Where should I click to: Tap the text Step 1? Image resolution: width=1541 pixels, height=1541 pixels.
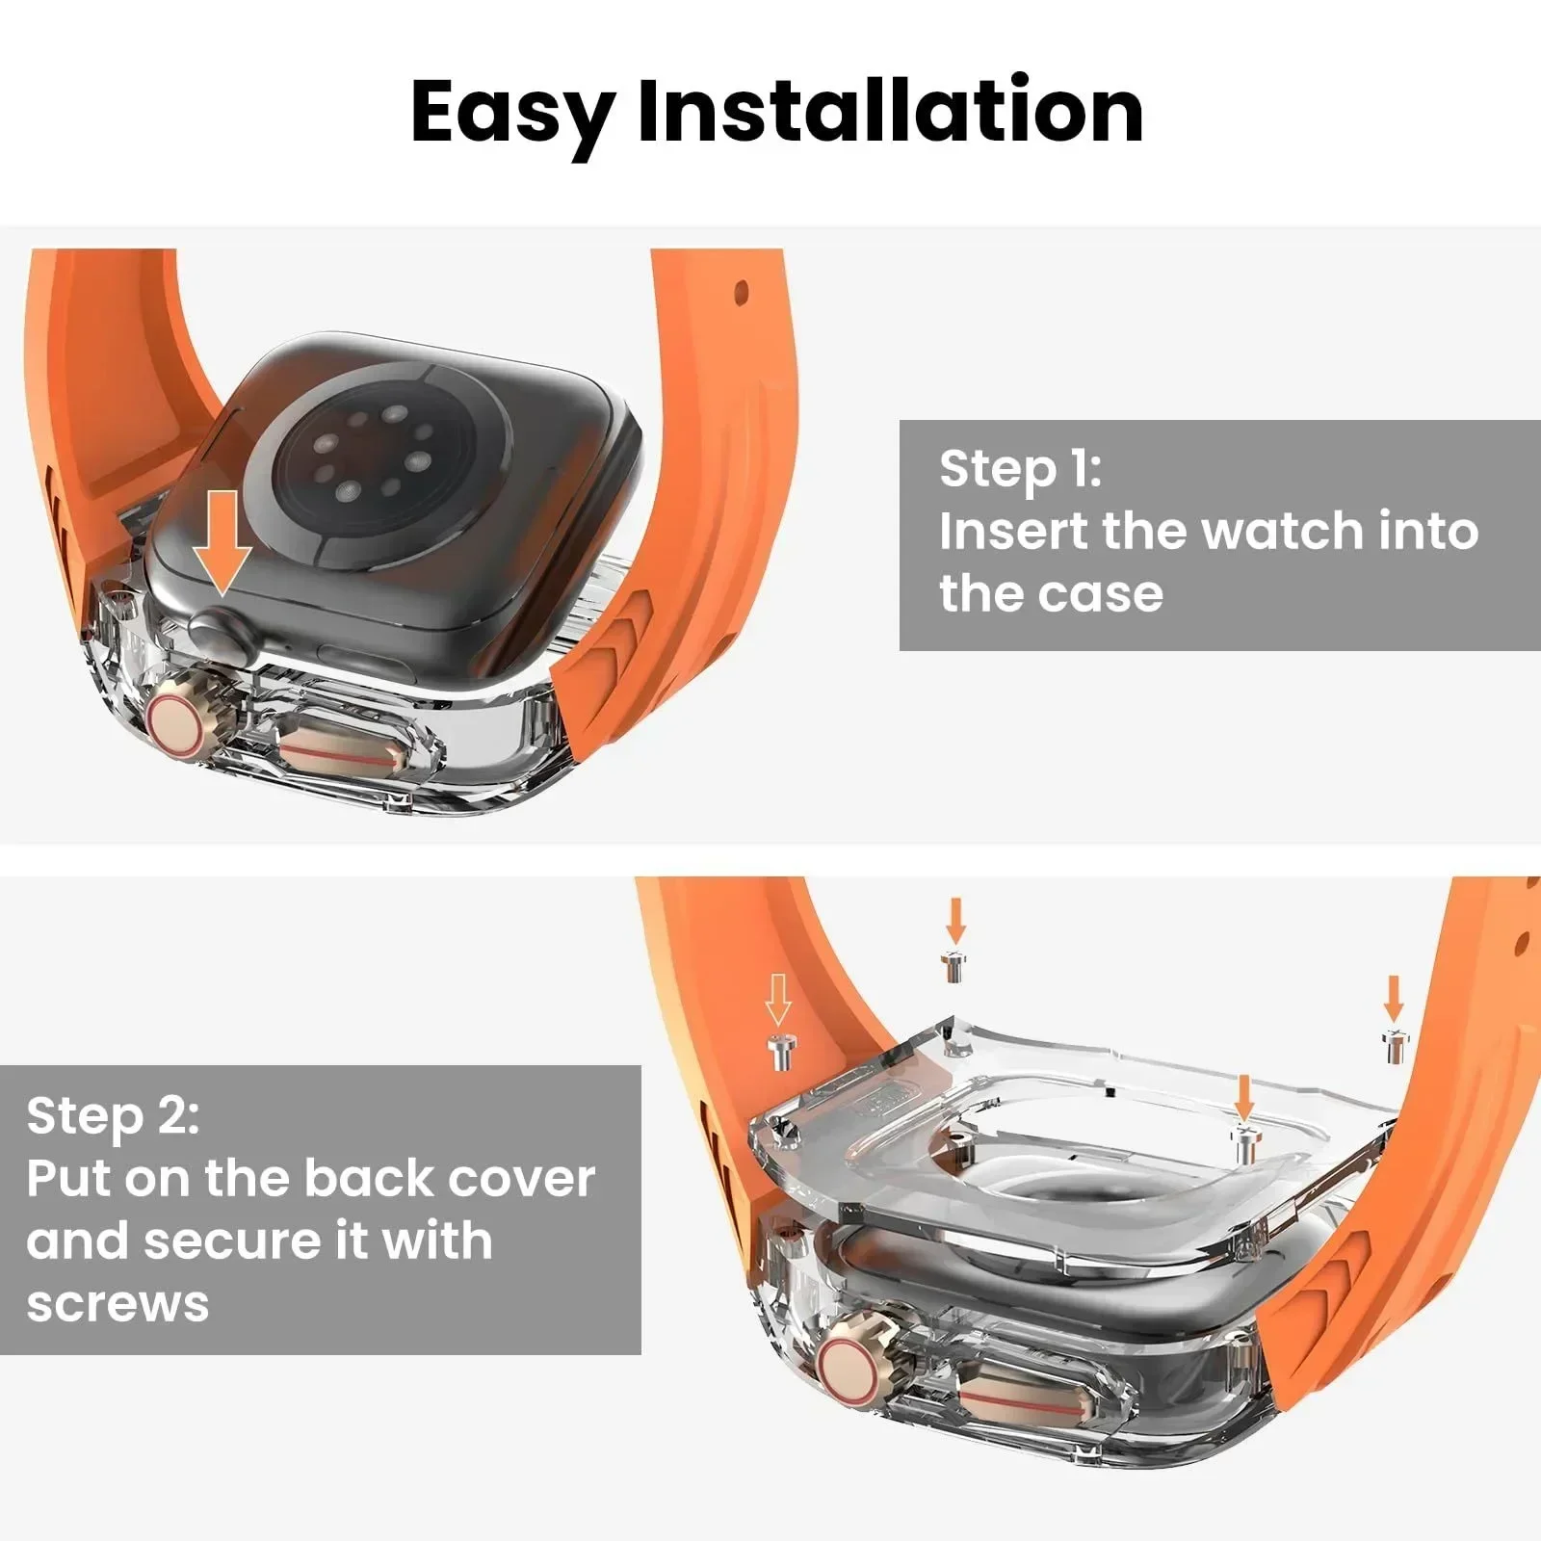coord(1020,470)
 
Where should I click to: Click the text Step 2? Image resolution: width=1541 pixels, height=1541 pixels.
coord(113,1117)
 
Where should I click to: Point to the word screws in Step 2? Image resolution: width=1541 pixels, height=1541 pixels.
coord(118,1304)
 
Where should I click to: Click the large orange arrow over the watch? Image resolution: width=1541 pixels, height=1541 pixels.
coord(222,541)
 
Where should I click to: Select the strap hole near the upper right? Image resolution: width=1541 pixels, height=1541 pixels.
coord(741,290)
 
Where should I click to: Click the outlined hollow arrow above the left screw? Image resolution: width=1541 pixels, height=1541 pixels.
coord(778,999)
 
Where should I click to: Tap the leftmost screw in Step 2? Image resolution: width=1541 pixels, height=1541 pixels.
coord(779,1052)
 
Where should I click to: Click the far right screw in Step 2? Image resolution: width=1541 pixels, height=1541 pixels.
coord(1394,1045)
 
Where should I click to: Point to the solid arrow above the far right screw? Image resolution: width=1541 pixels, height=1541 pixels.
coord(1393,998)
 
